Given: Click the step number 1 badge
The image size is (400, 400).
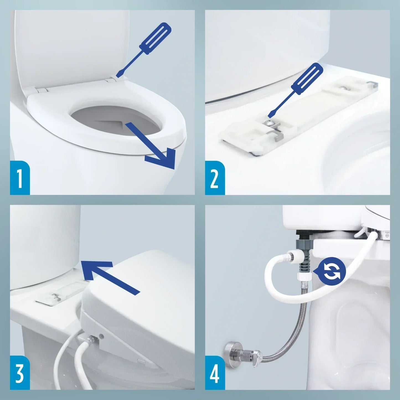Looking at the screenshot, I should pyautogui.click(x=20, y=178).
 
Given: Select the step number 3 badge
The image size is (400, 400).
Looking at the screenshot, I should pyautogui.click(x=20, y=373).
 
